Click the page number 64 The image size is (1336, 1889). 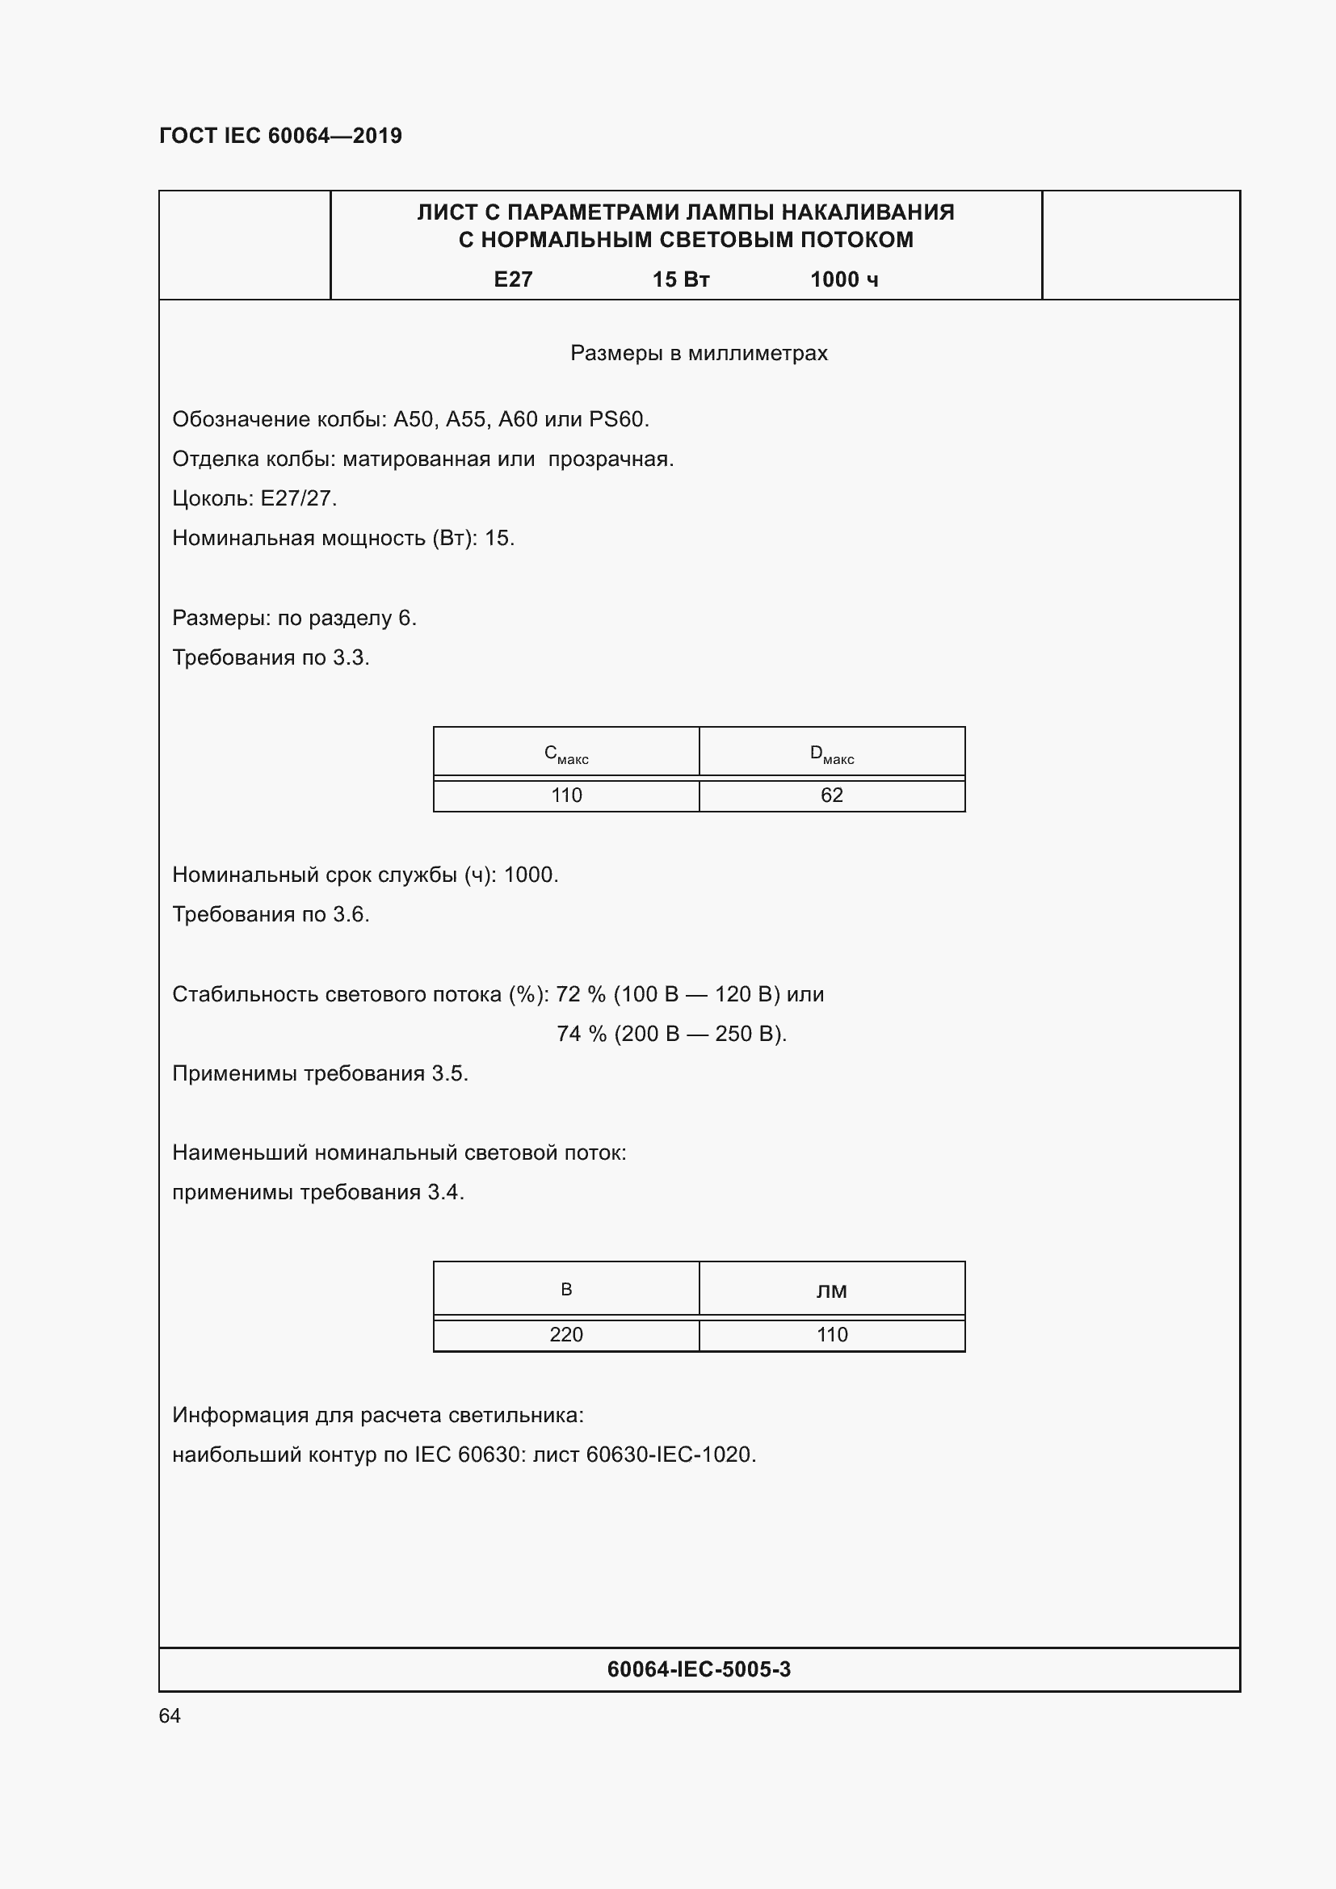[170, 1715]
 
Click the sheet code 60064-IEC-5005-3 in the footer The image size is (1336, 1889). [699, 1669]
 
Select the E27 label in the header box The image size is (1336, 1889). [513, 279]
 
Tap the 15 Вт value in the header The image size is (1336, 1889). [680, 279]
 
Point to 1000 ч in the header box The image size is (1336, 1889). [844, 279]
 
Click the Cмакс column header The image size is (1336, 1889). [566, 753]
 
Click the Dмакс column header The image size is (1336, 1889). [832, 753]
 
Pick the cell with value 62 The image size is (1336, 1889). [832, 795]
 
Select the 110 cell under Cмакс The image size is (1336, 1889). [566, 795]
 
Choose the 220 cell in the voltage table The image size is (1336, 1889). [566, 1334]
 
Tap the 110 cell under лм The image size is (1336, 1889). [832, 1334]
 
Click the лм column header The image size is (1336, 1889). [832, 1290]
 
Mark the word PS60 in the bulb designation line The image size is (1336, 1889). [618, 420]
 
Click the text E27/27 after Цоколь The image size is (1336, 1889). [299, 498]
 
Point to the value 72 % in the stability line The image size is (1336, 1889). [581, 994]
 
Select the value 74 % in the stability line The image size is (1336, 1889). [581, 1034]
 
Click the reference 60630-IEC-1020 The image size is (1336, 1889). [670, 1455]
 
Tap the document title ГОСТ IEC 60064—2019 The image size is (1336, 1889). [280, 136]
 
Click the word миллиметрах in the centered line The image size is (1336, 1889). [758, 353]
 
